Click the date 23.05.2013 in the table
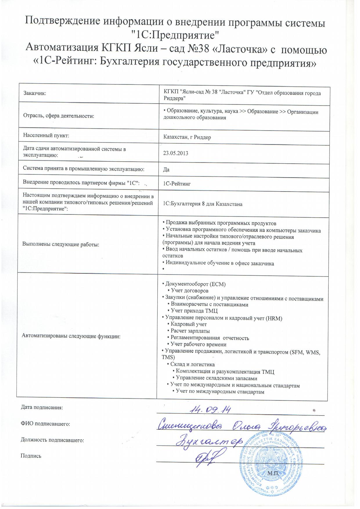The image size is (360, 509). coord(176,153)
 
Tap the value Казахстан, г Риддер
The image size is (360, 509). coord(187,137)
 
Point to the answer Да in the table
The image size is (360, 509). coord(166,169)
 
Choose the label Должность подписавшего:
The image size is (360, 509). coord(52,440)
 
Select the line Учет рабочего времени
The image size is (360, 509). coord(198,344)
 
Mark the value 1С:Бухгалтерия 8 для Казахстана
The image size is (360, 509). coord(203,204)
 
